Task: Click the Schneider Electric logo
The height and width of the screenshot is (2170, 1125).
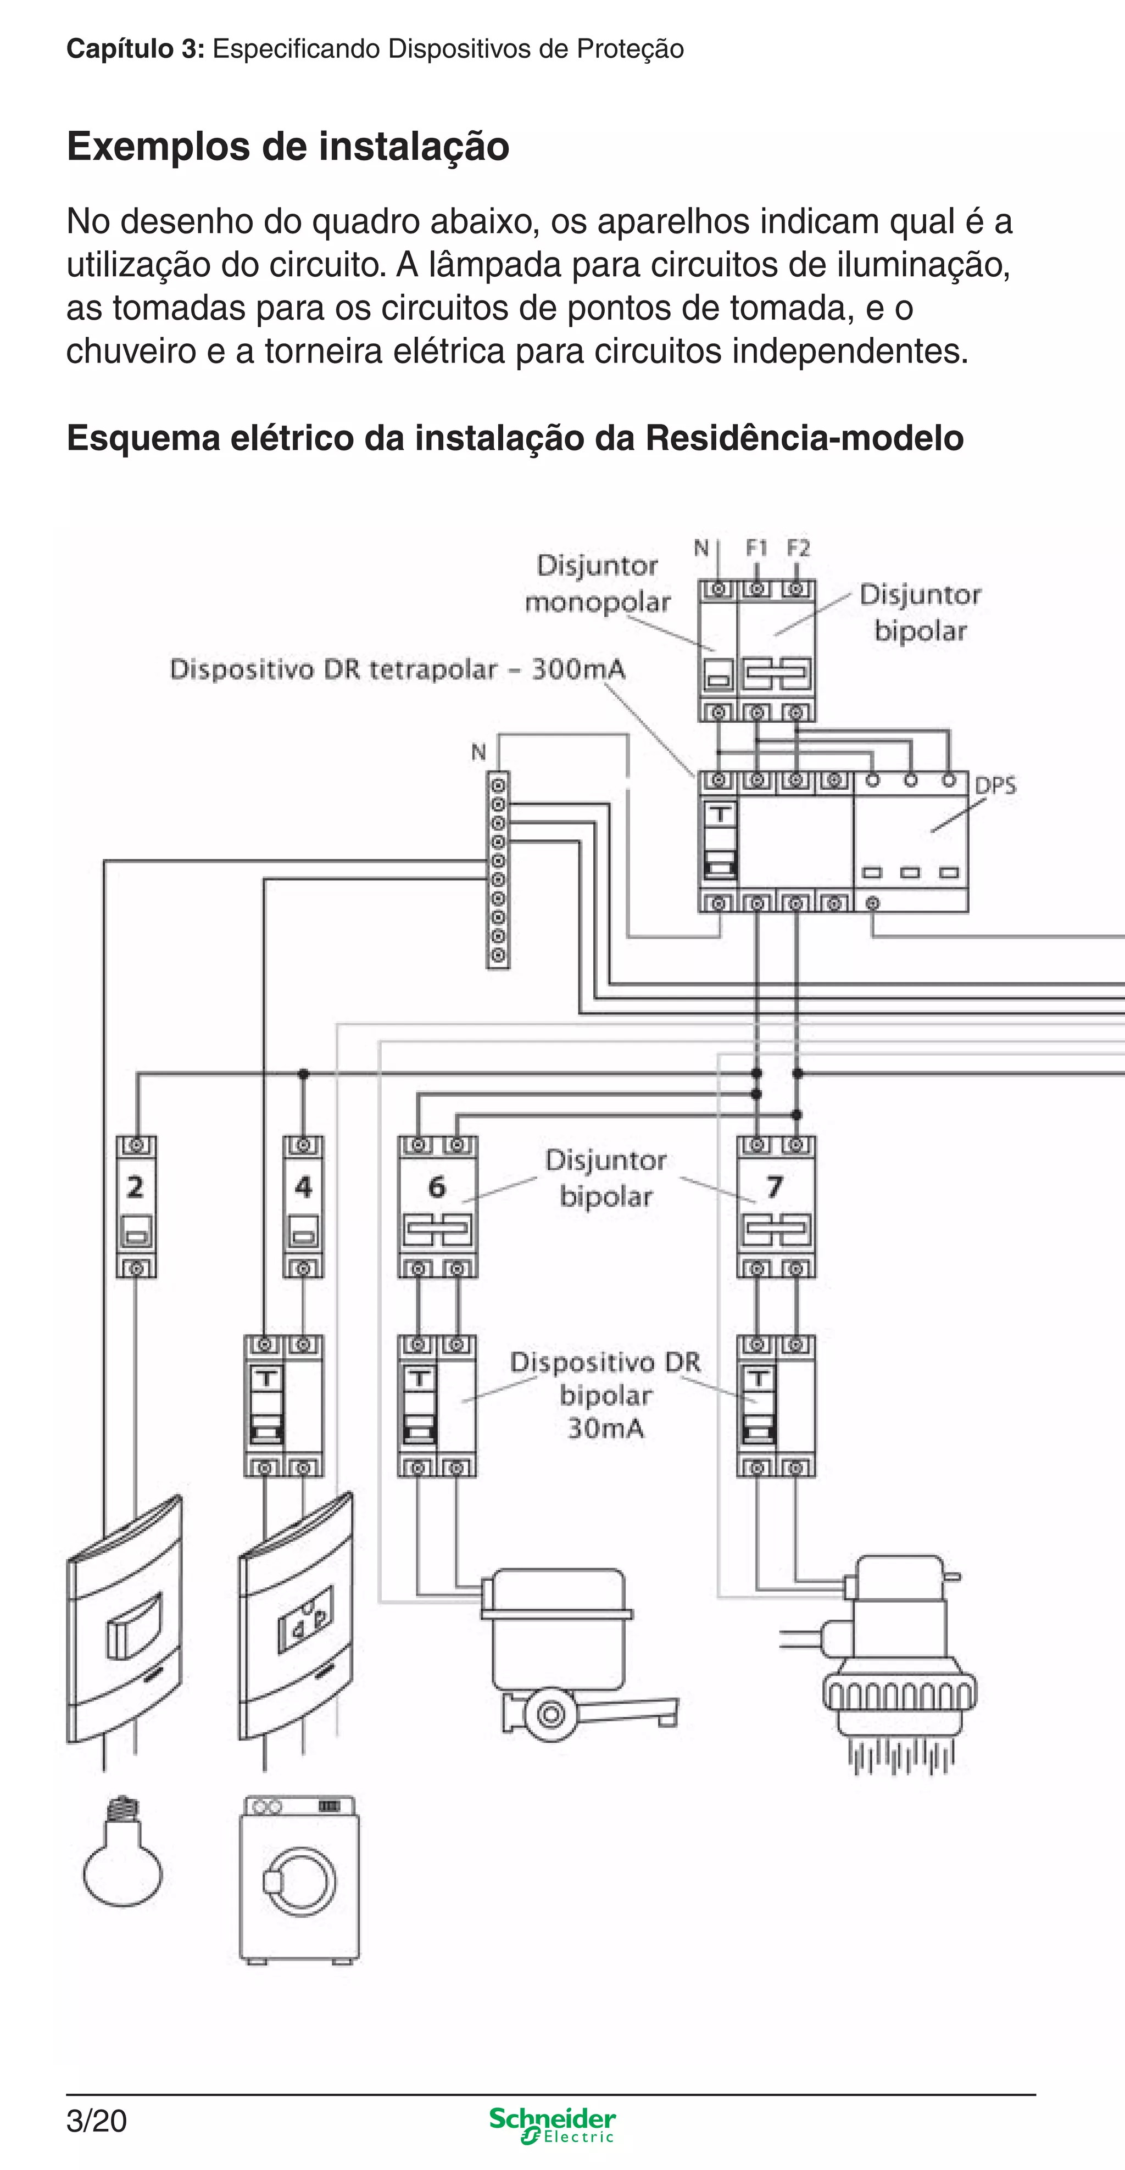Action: point(553,2124)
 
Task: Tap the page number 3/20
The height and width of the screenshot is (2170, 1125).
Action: point(96,2121)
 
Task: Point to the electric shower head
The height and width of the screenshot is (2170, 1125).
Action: point(899,1676)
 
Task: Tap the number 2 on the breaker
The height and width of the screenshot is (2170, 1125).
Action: point(135,1187)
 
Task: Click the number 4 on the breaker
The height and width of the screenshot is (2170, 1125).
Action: point(303,1187)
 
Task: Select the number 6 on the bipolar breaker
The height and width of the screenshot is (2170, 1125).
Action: point(437,1187)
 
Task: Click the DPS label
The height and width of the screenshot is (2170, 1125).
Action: point(995,786)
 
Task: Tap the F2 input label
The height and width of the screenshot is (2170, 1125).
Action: point(798,548)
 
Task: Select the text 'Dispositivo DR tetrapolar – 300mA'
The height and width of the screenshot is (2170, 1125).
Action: point(398,670)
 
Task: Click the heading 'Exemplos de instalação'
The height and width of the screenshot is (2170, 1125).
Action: point(288,147)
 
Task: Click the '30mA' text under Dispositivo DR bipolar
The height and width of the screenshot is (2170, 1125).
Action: point(605,1429)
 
